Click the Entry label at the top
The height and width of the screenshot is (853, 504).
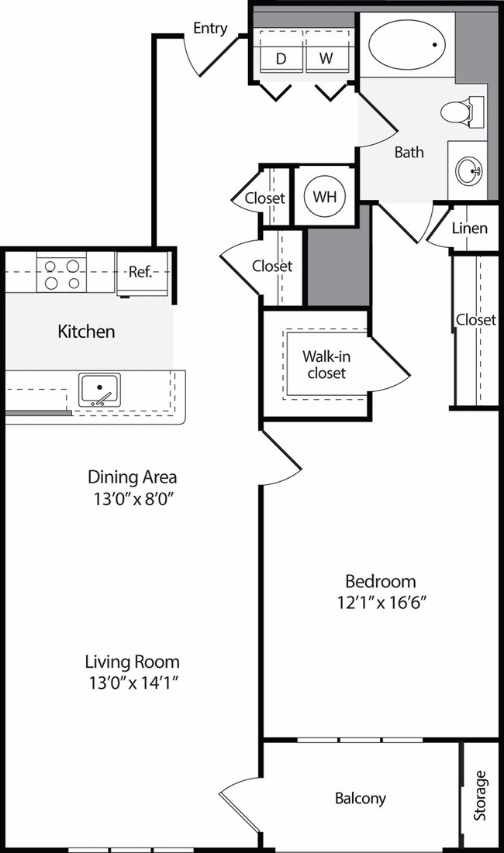pyautogui.click(x=210, y=29)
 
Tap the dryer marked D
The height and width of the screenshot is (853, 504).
pyautogui.click(x=281, y=58)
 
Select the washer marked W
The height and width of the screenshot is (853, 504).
pyautogui.click(x=326, y=58)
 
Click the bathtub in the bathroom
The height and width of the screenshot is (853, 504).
pyautogui.click(x=407, y=45)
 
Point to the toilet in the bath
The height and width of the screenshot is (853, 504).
pyautogui.click(x=459, y=112)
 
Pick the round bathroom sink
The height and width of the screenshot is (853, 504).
pyautogui.click(x=468, y=170)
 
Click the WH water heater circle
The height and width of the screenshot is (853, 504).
pyautogui.click(x=324, y=195)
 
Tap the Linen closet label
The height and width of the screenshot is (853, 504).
pyautogui.click(x=469, y=228)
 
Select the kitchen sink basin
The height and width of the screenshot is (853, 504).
pyautogui.click(x=100, y=388)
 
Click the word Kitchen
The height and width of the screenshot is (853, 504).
pyautogui.click(x=86, y=332)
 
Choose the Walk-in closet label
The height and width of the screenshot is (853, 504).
pyautogui.click(x=324, y=364)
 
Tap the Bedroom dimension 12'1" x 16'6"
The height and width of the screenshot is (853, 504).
pyautogui.click(x=380, y=600)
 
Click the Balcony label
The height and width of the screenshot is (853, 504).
pyautogui.click(x=360, y=798)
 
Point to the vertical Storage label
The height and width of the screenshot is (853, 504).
pyautogui.click(x=481, y=795)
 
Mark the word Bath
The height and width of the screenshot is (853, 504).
pyautogui.click(x=409, y=152)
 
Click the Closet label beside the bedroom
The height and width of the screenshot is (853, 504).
pyautogui.click(x=475, y=319)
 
